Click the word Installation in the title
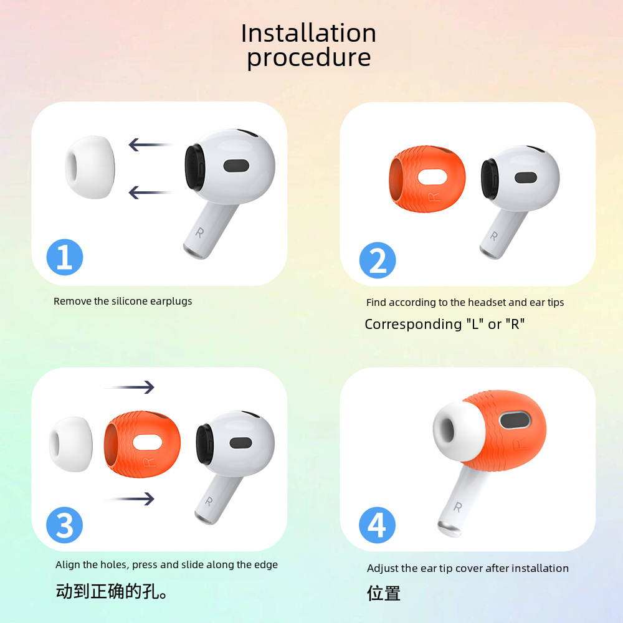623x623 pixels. coord(308,33)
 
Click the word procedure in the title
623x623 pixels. coord(309,58)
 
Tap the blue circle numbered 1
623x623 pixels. coord(65,257)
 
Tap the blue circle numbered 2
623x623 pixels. coord(378,260)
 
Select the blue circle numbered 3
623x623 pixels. coord(64,525)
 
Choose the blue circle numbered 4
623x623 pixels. coord(377,525)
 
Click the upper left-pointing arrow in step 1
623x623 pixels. coord(151,145)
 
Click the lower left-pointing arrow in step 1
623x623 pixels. coord(151,193)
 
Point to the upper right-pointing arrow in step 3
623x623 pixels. coord(130,387)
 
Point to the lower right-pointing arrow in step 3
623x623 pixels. coord(130,498)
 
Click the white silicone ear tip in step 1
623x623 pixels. coord(90,167)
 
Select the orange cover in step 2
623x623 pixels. coord(427,179)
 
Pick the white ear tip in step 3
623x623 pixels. coord(71,444)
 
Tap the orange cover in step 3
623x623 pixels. coord(142,444)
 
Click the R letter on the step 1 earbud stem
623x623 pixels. coord(199,232)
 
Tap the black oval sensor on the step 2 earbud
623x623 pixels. coord(526,178)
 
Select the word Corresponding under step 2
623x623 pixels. coord(413,325)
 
